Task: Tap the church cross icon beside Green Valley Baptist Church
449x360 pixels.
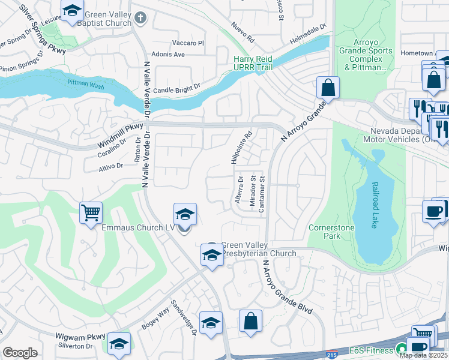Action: tap(140, 17)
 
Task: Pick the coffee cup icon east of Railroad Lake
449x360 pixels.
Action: tap(433, 211)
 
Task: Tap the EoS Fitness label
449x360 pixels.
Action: tap(373, 350)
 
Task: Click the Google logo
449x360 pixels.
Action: tap(20, 353)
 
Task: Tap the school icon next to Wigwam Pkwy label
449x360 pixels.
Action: tap(119, 343)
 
